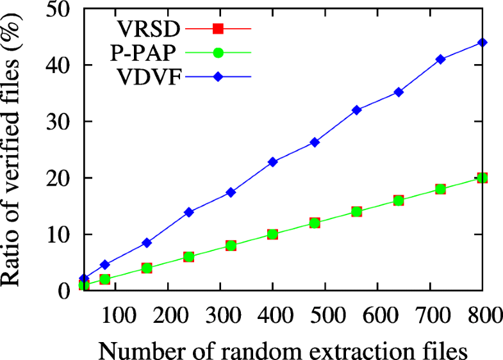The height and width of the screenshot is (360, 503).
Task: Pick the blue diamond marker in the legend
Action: point(218,77)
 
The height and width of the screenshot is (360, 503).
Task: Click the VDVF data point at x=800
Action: point(482,42)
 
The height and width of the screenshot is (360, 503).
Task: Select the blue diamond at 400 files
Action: point(272,162)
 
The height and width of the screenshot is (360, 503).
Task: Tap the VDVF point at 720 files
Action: point(440,59)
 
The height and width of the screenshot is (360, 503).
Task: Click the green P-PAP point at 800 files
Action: point(482,177)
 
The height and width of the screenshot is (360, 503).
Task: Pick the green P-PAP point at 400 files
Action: point(272,234)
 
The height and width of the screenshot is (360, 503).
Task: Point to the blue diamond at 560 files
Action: point(357,110)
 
